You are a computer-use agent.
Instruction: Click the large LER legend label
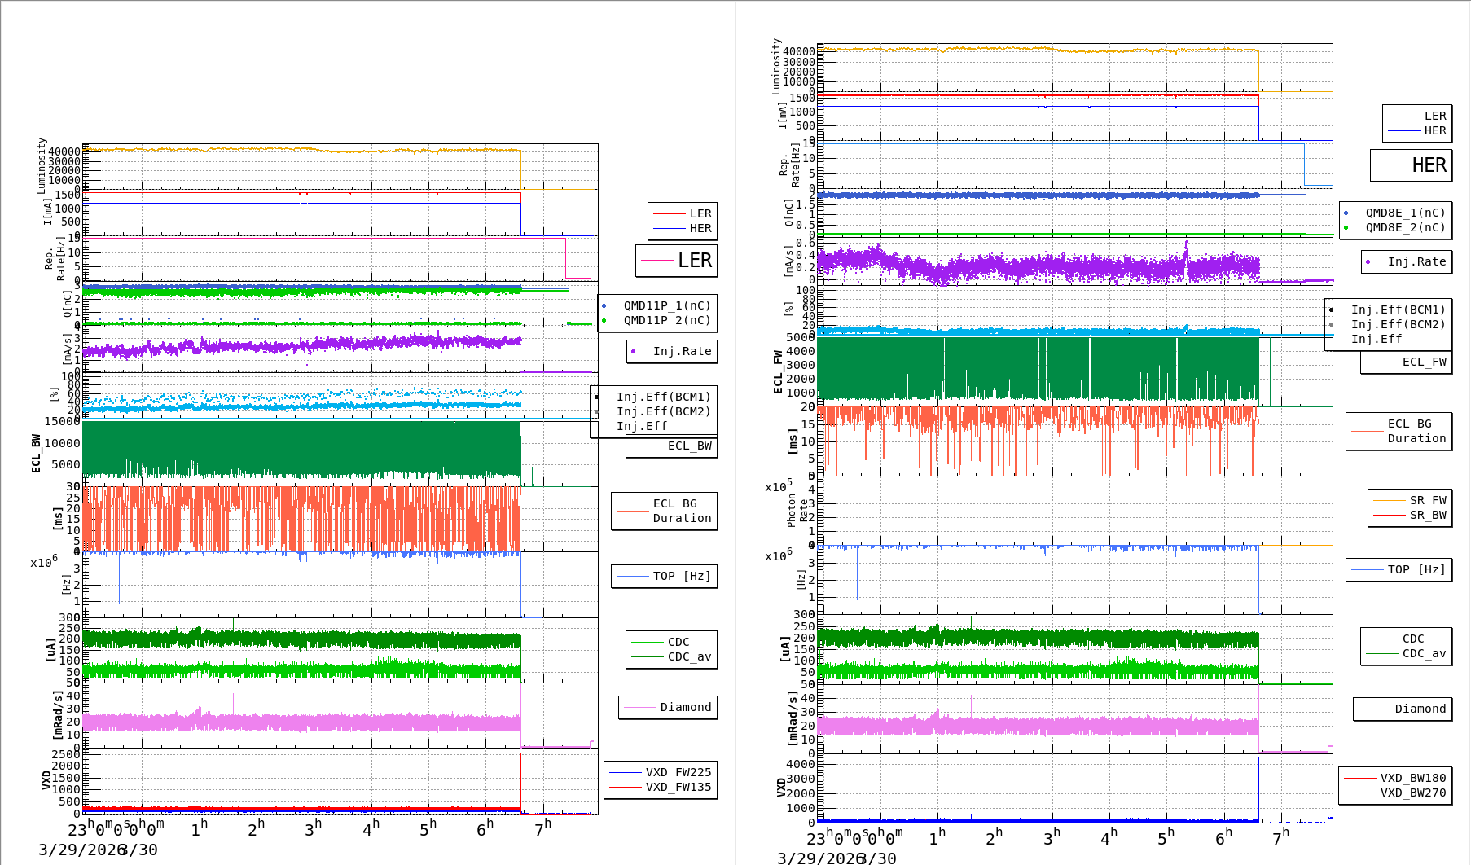click(694, 261)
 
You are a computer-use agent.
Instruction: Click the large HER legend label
click(1429, 165)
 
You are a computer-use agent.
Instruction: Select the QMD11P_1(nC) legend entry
click(667, 305)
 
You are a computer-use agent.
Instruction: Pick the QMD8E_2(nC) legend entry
click(1405, 227)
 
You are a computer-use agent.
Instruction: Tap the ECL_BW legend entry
click(689, 446)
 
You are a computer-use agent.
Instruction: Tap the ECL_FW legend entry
click(1424, 362)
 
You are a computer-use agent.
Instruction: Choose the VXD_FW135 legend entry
click(678, 787)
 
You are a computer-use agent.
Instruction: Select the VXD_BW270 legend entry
click(1412, 793)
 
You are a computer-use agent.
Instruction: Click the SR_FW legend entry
click(1428, 500)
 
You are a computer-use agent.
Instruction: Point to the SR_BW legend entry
click(1428, 515)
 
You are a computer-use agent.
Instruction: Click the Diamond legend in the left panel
click(685, 707)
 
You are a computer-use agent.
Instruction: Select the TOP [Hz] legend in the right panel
click(1416, 569)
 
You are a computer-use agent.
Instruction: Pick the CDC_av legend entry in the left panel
click(689, 656)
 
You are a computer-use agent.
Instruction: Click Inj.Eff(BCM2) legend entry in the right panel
click(1398, 324)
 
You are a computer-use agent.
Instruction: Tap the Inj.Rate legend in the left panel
click(682, 351)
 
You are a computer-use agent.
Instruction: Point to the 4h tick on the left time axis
click(371, 829)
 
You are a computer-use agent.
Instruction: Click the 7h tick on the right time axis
click(1280, 836)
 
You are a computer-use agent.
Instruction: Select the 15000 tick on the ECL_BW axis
click(63, 421)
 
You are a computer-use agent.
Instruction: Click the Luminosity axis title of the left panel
click(42, 165)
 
